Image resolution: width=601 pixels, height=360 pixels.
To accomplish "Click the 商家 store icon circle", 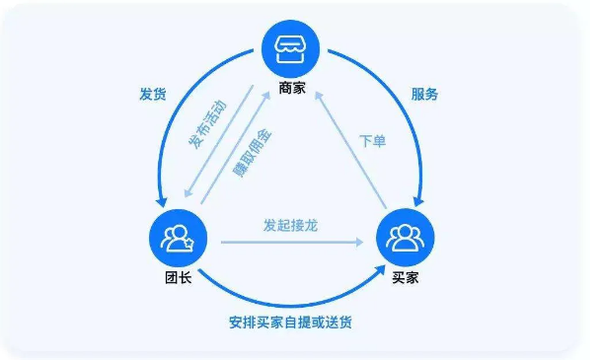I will tap(293, 49).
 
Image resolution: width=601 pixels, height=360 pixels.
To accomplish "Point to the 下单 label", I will tap(372, 141).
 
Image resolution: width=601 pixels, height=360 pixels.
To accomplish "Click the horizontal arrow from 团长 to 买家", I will tap(296, 240).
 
